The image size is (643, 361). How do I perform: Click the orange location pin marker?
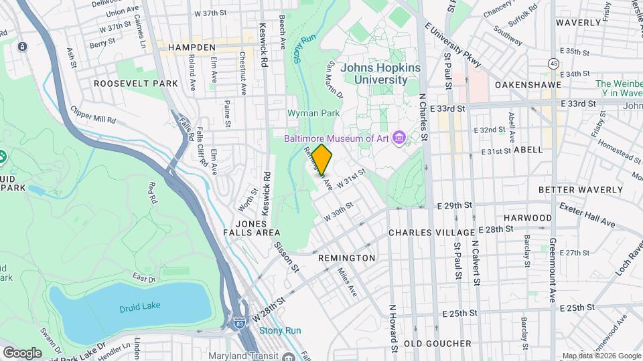click(321, 159)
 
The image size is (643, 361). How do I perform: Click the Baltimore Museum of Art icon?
click(400, 138)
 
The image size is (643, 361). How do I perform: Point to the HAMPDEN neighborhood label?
click(192, 47)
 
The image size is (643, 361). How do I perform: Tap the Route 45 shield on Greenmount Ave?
click(553, 63)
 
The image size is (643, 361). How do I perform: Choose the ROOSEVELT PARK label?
click(136, 84)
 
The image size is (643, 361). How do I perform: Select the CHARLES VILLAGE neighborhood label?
click(432, 233)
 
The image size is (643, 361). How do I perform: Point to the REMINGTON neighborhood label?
click(346, 257)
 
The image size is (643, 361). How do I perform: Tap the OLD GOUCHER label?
click(438, 344)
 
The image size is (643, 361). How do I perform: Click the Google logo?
click(22, 352)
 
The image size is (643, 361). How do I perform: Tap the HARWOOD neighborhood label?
click(527, 218)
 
